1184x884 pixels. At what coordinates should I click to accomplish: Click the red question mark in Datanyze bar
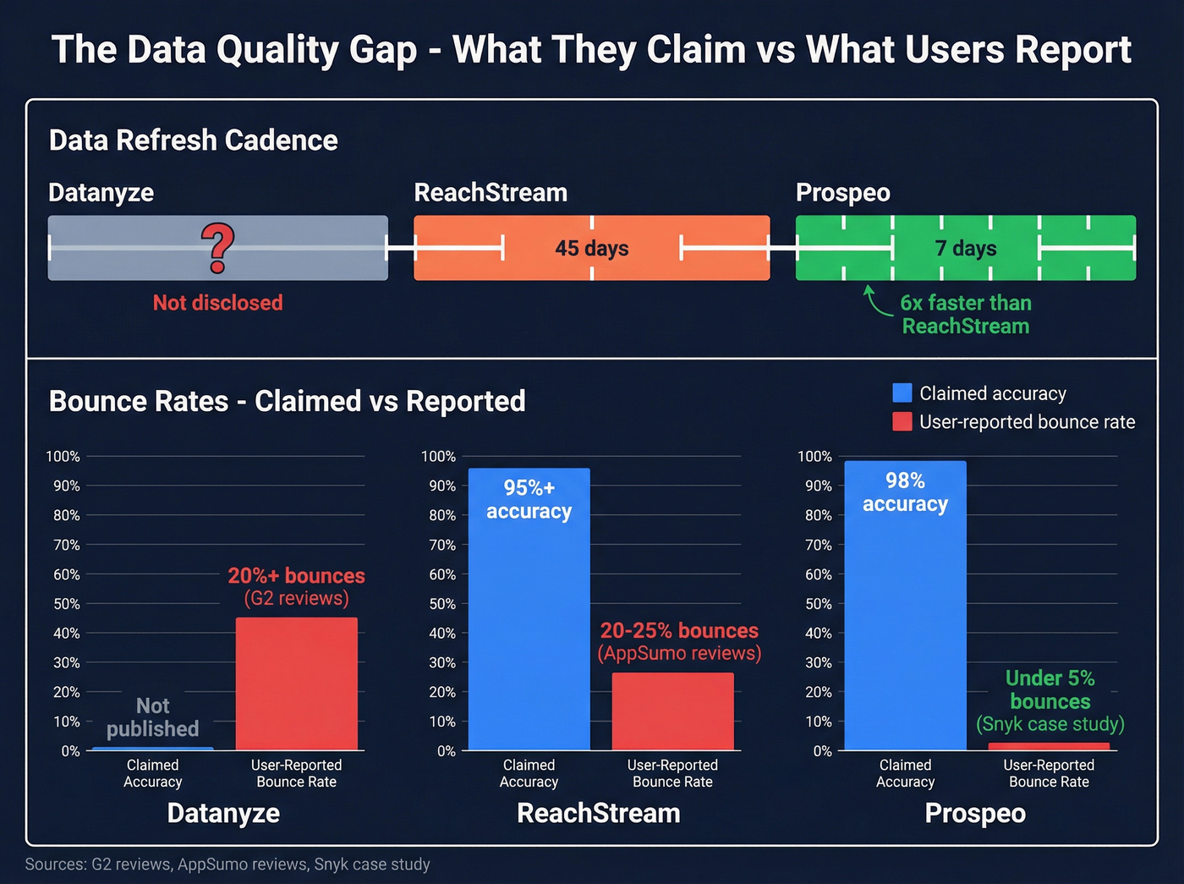[217, 248]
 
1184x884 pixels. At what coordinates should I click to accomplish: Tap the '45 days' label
[591, 248]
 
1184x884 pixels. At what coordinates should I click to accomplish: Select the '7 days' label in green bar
[965, 248]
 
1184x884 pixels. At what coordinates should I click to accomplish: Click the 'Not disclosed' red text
[217, 303]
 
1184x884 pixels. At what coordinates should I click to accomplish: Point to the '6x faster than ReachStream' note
[965, 315]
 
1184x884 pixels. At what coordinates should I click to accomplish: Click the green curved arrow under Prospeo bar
[874, 301]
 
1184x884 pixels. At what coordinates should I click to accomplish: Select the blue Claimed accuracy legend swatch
[902, 393]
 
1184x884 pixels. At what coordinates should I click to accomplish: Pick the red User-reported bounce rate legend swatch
[902, 422]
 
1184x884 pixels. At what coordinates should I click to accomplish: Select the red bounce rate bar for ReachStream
[672, 711]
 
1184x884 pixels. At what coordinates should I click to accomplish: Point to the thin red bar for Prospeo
[1049, 746]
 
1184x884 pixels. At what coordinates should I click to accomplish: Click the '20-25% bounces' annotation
[679, 632]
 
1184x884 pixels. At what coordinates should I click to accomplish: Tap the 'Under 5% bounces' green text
[1050, 690]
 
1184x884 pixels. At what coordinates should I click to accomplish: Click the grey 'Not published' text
[152, 717]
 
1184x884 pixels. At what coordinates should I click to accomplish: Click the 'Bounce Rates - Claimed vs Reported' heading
[287, 401]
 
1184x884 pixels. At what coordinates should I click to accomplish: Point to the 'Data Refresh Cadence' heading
[193, 140]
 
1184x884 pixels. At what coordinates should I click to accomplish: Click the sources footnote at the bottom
[227, 865]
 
